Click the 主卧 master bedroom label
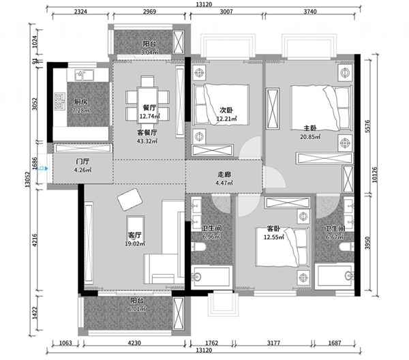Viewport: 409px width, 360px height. (x=310, y=128)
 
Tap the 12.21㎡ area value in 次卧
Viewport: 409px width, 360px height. (x=227, y=119)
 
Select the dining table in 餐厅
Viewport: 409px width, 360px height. (x=147, y=105)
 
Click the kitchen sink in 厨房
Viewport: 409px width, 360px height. (x=84, y=75)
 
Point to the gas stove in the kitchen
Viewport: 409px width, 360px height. (x=60, y=102)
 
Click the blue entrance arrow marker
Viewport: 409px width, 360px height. (x=46, y=168)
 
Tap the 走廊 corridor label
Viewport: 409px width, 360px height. (x=224, y=175)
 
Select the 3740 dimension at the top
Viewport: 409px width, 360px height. (x=310, y=12)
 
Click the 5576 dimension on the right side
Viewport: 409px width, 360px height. (x=367, y=126)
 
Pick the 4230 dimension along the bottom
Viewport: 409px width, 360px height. (x=134, y=343)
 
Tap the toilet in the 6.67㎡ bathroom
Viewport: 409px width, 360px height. (x=347, y=247)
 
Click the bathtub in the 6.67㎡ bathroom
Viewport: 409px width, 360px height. (x=335, y=276)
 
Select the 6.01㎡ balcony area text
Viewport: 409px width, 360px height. (x=137, y=309)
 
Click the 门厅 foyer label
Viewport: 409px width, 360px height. (x=82, y=162)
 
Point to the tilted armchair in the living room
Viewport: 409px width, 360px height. (x=130, y=199)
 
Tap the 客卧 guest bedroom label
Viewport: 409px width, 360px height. (x=273, y=229)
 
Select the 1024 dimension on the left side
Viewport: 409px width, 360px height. (x=35, y=42)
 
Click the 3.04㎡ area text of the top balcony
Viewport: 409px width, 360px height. (x=149, y=52)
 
